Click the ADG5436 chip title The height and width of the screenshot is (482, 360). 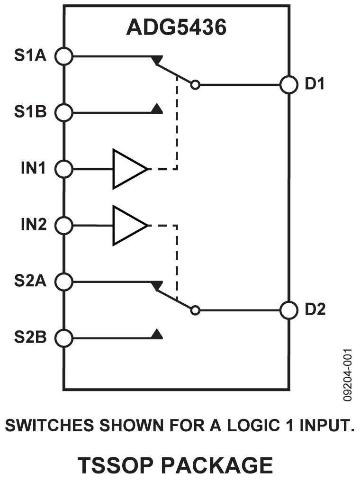(176, 27)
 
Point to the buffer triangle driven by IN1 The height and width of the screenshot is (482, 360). (127, 169)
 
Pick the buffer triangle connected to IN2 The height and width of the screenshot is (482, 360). (127, 225)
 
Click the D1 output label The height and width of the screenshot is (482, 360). (315, 85)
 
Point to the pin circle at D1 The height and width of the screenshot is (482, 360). (288, 85)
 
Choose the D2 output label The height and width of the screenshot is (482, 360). (315, 310)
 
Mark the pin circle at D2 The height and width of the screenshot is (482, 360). (288, 310)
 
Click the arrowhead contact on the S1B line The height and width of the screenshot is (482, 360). (157, 109)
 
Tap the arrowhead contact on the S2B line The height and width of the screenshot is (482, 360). (157, 335)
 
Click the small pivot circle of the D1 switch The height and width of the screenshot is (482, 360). (195, 85)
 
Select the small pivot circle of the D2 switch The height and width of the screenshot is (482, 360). (195, 310)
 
